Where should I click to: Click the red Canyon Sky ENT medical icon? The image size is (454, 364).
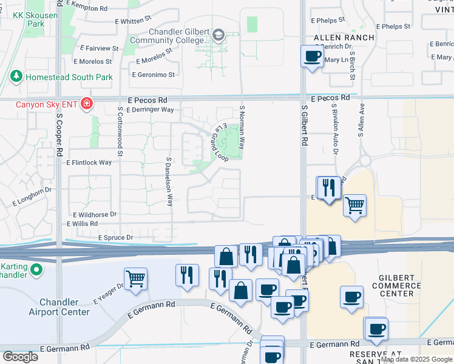pos(87,104)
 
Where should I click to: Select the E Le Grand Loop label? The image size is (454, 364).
pos(219,143)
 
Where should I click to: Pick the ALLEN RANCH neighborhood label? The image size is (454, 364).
pos(344,38)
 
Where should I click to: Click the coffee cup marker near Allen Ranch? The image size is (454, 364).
pos(313,57)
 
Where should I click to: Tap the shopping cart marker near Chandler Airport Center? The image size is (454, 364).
pos(137,279)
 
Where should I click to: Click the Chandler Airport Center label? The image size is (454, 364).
pos(64,307)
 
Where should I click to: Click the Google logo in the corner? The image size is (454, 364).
pos(20,356)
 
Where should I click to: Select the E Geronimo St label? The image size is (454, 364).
pos(154,75)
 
